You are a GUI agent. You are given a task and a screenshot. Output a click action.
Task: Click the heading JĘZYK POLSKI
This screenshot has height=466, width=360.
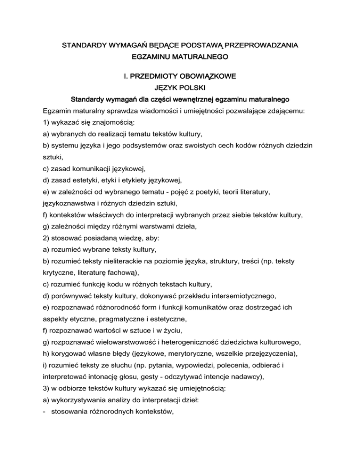180,87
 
